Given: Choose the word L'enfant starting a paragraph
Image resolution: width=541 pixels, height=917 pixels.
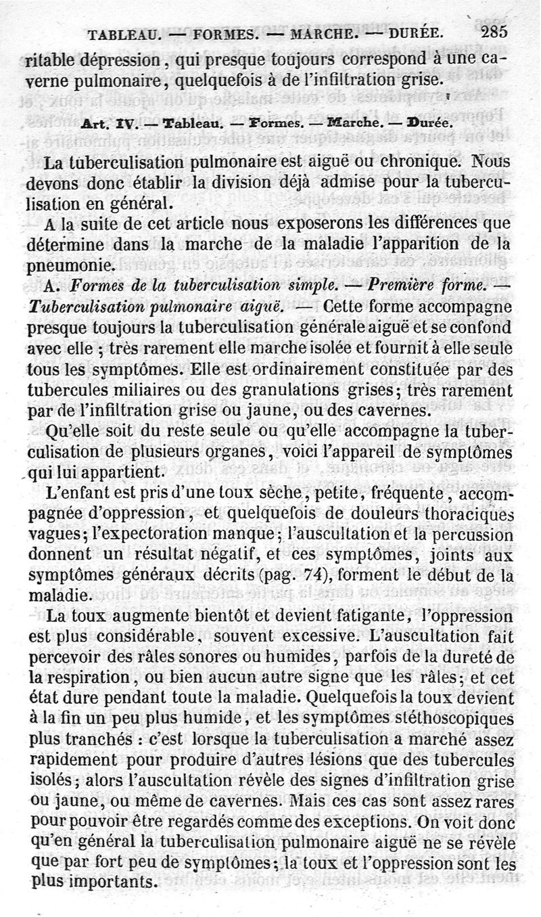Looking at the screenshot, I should click(78, 493).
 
